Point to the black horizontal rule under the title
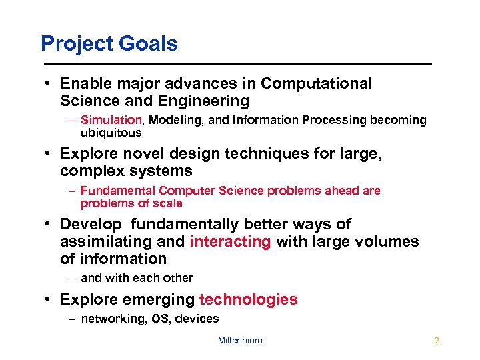[x=237, y=64]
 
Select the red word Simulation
[x=111, y=120]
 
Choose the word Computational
[x=317, y=84]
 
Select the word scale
[x=167, y=203]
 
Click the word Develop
[x=91, y=225]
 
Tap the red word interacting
[x=230, y=241]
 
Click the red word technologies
[x=249, y=299]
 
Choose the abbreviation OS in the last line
[x=160, y=319]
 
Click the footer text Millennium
[x=240, y=340]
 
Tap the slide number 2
[x=437, y=340]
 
